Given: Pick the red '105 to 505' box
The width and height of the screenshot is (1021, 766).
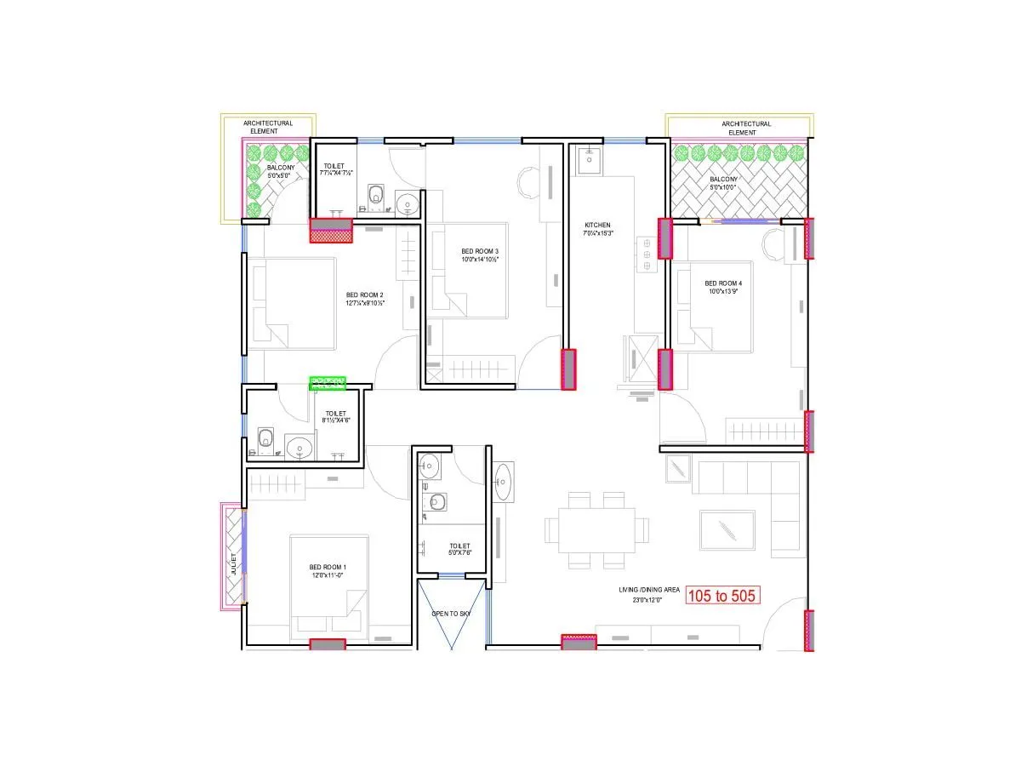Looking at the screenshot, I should coord(722,596).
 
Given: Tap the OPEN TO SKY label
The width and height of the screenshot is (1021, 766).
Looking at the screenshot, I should coord(451,614).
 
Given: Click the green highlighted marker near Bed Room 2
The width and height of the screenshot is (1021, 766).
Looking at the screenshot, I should coord(328,382).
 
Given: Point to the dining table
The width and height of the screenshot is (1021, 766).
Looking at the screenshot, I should coord(596,529).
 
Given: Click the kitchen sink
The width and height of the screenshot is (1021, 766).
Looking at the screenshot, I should coord(589,157).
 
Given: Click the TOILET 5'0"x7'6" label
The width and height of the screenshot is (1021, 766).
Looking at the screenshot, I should coord(459,550).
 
